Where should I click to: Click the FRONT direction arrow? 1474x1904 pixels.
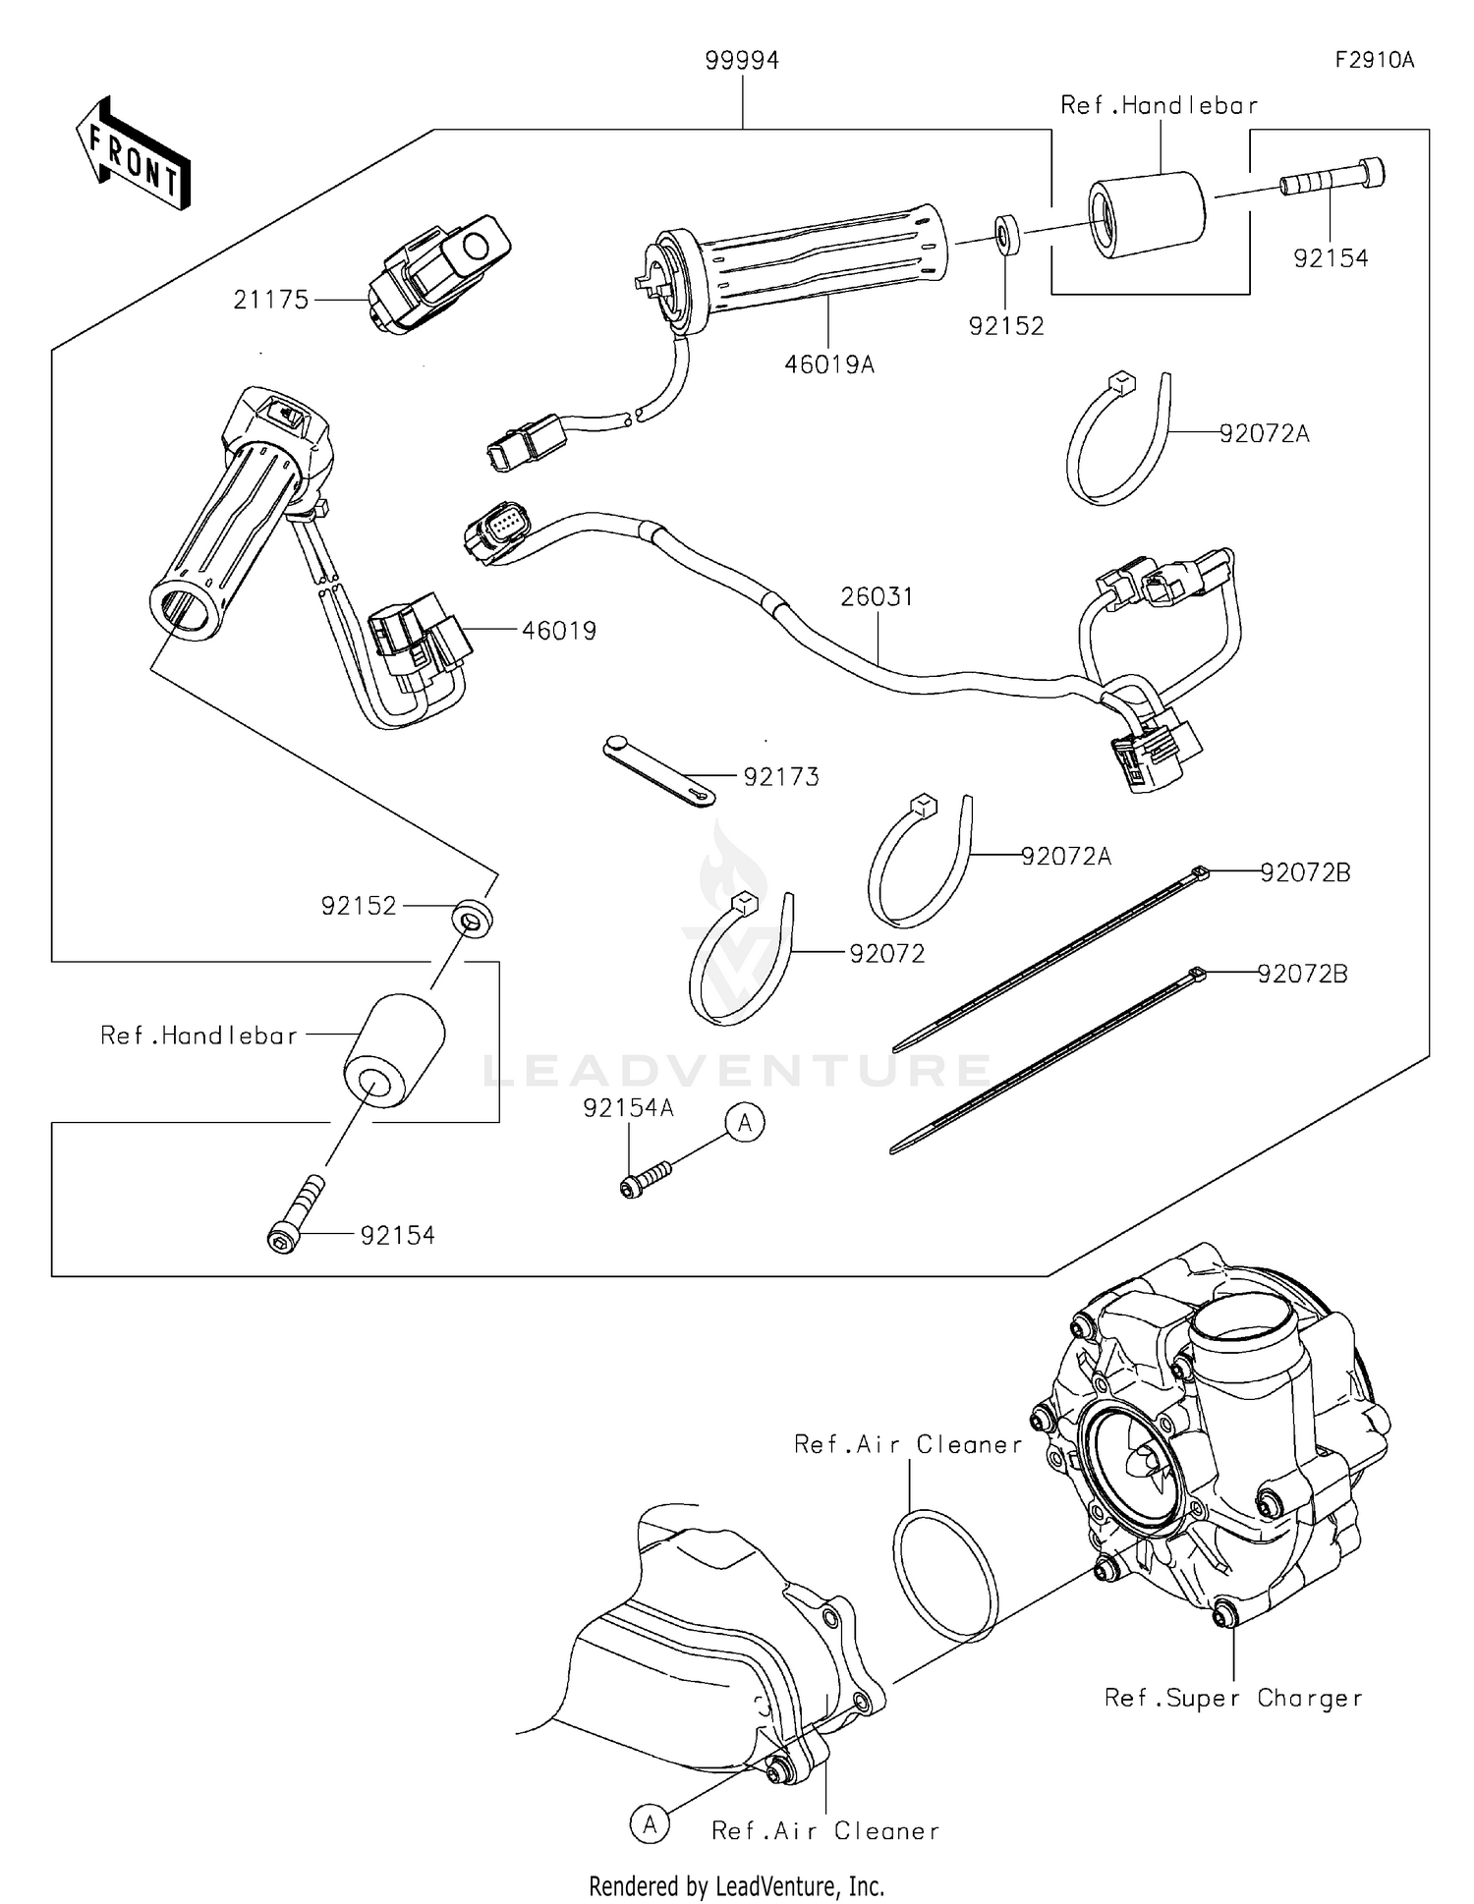133,153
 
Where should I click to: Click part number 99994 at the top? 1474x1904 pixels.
742,62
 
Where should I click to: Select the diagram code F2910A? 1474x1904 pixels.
1374,60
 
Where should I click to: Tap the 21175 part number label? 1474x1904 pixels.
271,300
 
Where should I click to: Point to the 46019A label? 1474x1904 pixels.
829,364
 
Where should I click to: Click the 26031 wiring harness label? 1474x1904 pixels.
877,596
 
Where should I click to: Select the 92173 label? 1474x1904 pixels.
781,777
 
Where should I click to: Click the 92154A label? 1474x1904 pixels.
629,1108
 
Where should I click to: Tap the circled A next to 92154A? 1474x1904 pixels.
745,1122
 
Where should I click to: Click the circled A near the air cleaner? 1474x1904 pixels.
650,1824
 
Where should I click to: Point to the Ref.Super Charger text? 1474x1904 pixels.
1233,1698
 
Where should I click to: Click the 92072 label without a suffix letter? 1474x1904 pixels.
887,954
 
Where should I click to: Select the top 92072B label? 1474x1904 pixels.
1306,872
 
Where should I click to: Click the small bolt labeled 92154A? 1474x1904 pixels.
645,1178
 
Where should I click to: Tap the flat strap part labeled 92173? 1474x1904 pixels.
657,771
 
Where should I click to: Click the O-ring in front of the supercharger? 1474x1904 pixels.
946,1576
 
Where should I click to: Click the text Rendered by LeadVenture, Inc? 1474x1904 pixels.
736,1885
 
